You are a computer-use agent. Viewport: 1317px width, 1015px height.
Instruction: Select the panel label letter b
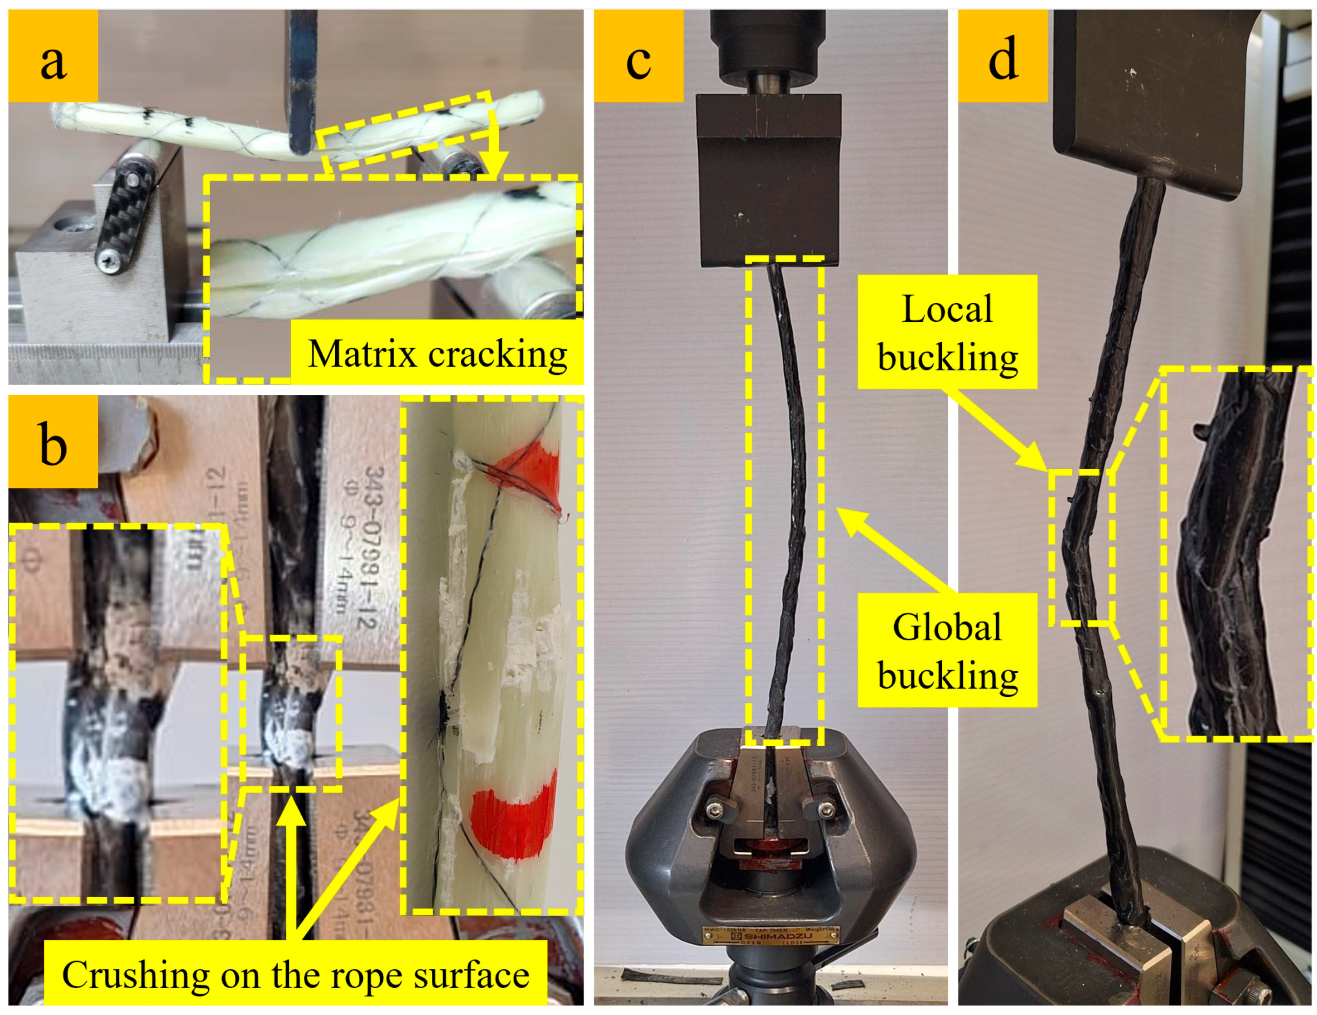pos(53,445)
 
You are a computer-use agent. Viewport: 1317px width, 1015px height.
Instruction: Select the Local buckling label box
pos(947,332)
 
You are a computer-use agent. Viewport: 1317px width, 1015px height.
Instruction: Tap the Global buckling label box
pos(947,651)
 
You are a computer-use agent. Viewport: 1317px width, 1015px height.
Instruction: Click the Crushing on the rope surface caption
pos(295,975)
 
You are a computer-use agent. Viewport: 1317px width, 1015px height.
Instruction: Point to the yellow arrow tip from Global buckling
pos(839,512)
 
